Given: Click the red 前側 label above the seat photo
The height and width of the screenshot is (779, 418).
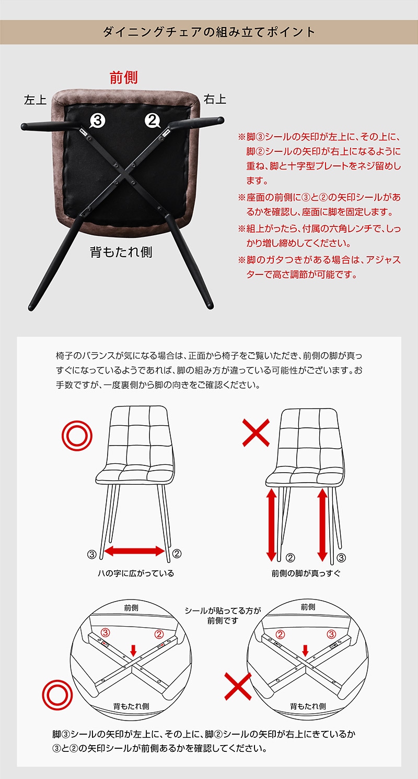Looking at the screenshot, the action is click(x=124, y=78).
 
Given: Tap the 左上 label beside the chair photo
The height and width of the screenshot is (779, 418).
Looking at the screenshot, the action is click(x=35, y=100).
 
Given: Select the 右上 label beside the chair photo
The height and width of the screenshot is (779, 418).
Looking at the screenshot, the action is click(x=215, y=100).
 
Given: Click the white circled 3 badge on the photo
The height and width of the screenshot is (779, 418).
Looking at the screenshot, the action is click(x=98, y=121).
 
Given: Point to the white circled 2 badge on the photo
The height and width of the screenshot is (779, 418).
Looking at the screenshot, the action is click(x=152, y=121).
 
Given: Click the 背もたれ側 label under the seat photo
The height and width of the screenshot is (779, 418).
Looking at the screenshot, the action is click(x=121, y=252).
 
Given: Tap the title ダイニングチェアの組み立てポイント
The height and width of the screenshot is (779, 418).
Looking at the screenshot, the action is click(x=209, y=32).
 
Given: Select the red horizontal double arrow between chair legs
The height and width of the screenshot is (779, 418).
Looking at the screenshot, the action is click(x=134, y=551).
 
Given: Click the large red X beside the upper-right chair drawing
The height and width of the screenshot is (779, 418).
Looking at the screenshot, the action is click(x=256, y=433).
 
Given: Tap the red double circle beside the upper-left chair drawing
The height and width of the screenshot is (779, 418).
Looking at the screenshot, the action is click(x=77, y=436).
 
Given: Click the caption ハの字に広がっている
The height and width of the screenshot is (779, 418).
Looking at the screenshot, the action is click(x=136, y=573).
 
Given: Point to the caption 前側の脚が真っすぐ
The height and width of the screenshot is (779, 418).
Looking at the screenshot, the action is click(x=306, y=573).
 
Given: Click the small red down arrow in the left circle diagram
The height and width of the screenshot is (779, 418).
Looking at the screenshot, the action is click(x=133, y=649).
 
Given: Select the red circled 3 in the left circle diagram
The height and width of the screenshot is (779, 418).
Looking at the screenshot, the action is click(x=105, y=632).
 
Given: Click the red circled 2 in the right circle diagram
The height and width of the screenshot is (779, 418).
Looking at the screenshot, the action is click(x=281, y=634).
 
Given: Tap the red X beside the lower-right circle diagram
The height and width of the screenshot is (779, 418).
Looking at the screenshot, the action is click(x=238, y=686).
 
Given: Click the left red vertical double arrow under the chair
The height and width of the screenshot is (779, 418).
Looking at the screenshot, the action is click(x=271, y=524).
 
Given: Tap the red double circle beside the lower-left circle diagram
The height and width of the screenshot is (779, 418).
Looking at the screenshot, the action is click(x=57, y=695).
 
